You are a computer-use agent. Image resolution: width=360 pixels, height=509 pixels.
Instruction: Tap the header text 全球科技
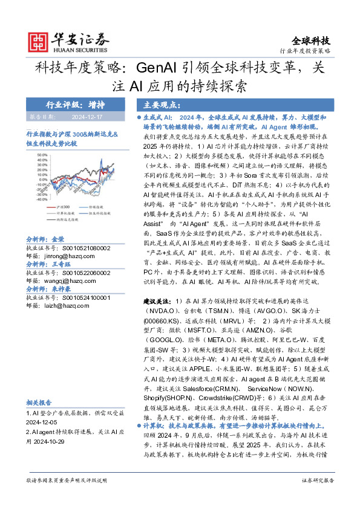[x=311, y=41]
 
